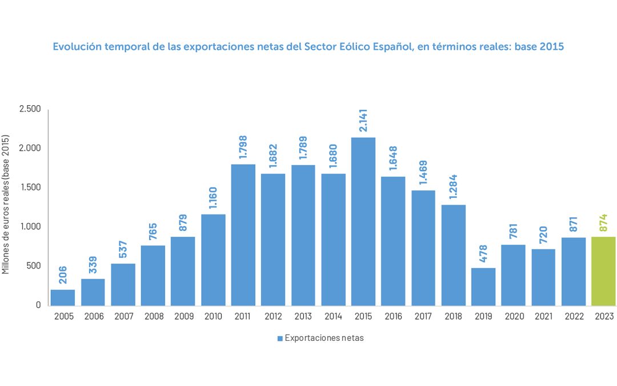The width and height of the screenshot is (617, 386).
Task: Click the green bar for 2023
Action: [603, 271]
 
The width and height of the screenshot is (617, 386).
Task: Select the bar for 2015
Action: [363, 221]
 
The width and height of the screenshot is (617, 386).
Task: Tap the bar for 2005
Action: [63, 297]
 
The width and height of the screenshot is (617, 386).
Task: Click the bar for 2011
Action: [243, 234]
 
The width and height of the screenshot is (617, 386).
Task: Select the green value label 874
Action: [603, 222]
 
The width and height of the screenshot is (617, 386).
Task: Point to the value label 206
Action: [63, 274]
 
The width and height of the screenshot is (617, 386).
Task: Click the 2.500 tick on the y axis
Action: [30, 109]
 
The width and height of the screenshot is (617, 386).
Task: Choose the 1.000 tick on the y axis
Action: [30, 227]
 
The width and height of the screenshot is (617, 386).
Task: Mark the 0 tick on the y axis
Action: [38, 305]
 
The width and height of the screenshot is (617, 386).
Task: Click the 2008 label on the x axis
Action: [153, 315]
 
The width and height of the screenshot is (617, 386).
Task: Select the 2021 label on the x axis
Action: [543, 315]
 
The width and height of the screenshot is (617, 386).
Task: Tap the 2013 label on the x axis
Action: [303, 315]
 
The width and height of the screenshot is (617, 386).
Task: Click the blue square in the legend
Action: [280, 339]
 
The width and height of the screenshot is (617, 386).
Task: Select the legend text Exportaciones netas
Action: [324, 338]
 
